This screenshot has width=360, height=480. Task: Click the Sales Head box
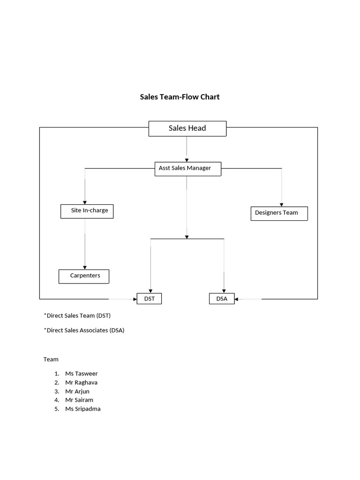coord(187,128)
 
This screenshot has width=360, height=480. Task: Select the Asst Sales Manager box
coord(187,169)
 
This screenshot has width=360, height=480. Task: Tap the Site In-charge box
coord(87,211)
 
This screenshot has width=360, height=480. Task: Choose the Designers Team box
coord(279,213)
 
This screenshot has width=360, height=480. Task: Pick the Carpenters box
coord(84,276)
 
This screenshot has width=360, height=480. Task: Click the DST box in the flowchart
coord(149,299)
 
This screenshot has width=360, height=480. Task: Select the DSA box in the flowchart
coord(222,299)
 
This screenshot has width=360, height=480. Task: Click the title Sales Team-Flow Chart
coord(180,97)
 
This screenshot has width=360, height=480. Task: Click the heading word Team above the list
coord(51,359)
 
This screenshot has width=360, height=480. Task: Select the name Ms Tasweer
coord(82,374)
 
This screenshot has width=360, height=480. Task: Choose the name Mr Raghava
coord(82,382)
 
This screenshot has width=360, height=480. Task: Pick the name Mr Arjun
coord(77,391)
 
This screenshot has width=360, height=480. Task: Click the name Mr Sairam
coord(79,400)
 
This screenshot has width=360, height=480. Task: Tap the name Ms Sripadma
coord(83,409)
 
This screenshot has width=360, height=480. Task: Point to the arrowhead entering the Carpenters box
coord(85,268)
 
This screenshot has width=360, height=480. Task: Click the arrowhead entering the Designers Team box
coord(281,204)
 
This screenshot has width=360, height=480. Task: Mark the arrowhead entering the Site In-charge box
coord(85,202)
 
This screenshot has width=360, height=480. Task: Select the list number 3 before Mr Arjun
coord(56,391)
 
